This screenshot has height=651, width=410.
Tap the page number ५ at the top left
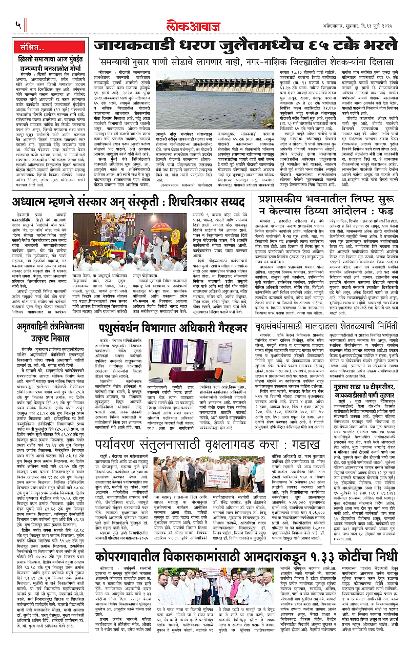point(18,24)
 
